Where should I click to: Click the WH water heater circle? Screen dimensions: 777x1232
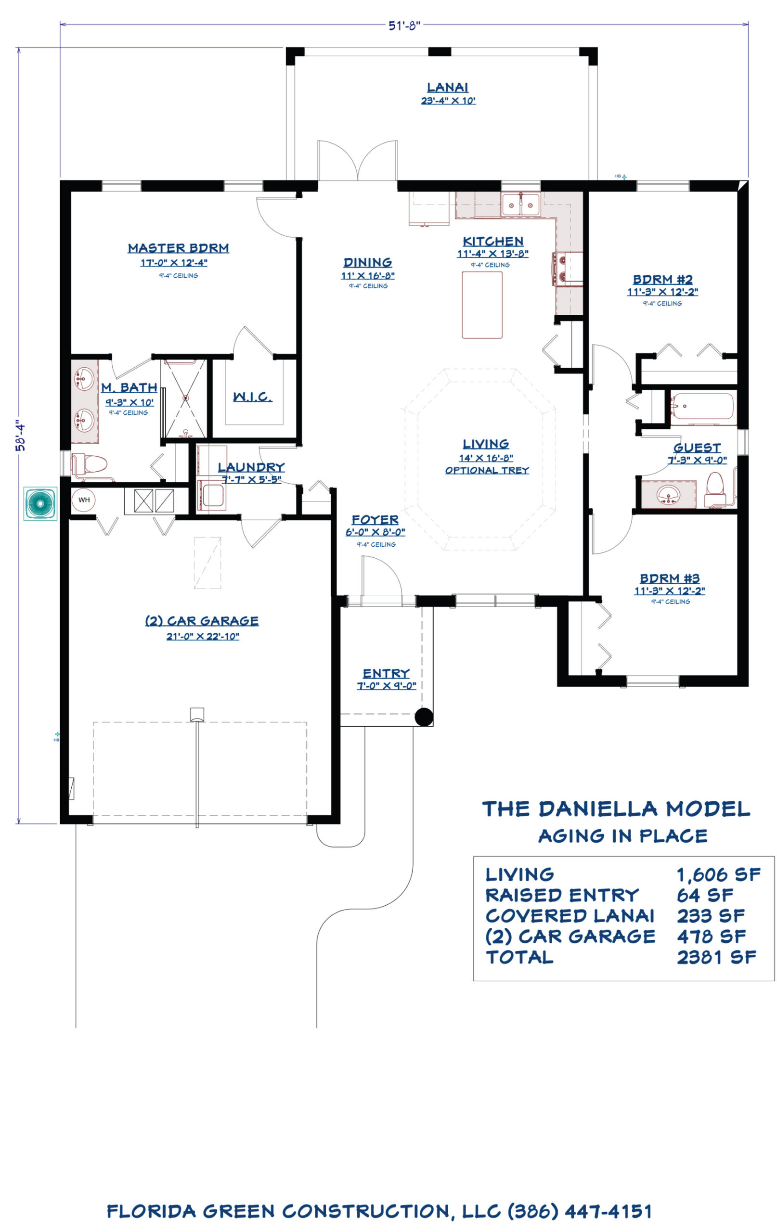pyautogui.click(x=84, y=500)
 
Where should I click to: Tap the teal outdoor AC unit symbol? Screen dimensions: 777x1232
pyautogui.click(x=40, y=503)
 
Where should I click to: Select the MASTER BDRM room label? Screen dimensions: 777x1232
pyautogui.click(x=178, y=248)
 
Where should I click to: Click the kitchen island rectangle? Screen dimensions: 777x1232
pyautogui.click(x=482, y=305)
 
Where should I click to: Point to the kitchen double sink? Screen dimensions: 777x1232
pyautogui.click(x=520, y=205)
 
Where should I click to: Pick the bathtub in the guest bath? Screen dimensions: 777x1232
pyautogui.click(x=702, y=408)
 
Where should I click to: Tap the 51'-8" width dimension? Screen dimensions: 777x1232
pyautogui.click(x=404, y=25)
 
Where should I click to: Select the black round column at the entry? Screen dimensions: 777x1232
pyautogui.click(x=423, y=717)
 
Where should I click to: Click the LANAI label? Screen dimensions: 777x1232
pyautogui.click(x=447, y=88)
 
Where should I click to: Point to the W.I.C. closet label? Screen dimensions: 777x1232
pyautogui.click(x=252, y=397)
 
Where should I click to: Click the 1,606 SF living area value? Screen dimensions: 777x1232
pyautogui.click(x=719, y=874)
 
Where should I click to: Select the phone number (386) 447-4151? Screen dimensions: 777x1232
pyautogui.click(x=580, y=1211)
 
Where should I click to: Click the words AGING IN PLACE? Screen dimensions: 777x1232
pyautogui.click(x=622, y=835)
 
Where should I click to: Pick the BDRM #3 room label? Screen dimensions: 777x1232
pyautogui.click(x=670, y=578)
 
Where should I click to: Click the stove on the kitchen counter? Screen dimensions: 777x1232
pyautogui.click(x=567, y=268)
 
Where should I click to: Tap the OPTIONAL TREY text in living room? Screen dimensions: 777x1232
pyautogui.click(x=487, y=470)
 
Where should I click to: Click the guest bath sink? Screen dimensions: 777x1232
pyautogui.click(x=668, y=494)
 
